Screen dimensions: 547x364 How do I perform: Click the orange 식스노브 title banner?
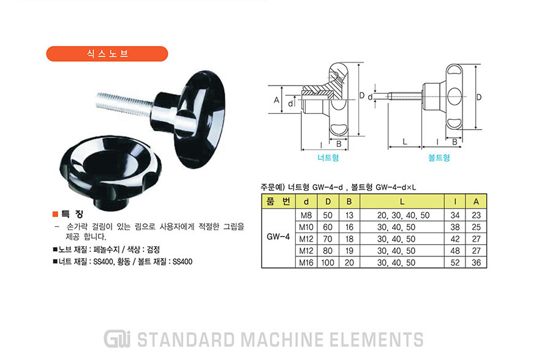tap(107, 54)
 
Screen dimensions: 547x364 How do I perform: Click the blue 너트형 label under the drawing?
tap(328, 157)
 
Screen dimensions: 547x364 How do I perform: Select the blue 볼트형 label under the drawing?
tap(439, 157)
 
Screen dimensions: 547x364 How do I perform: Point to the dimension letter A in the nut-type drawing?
tap(276, 100)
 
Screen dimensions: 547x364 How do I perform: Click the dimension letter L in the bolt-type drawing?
tap(405, 141)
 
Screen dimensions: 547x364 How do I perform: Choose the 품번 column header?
tap(278, 201)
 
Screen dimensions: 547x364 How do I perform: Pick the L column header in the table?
tap(402, 201)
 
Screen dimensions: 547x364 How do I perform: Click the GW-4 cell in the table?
tap(278, 237)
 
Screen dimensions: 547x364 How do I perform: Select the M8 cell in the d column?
tap(306, 215)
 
